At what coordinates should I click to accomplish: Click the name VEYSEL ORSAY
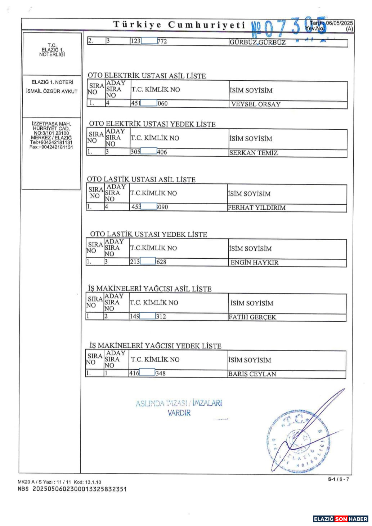(x=256, y=104)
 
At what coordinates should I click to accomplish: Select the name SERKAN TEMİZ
(x=253, y=153)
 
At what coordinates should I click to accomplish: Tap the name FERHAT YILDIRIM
(x=256, y=208)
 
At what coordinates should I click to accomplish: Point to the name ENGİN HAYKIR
(x=254, y=262)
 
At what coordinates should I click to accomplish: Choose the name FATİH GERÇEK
(x=252, y=317)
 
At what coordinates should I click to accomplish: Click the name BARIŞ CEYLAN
(x=252, y=374)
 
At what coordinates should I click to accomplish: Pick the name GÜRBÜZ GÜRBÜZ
(x=257, y=42)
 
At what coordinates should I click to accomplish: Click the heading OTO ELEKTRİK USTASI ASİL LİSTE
(x=147, y=76)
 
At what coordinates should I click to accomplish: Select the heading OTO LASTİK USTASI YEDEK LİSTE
(x=148, y=234)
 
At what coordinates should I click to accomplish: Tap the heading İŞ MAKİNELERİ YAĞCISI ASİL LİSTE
(x=149, y=289)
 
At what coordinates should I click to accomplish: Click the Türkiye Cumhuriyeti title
(x=179, y=24)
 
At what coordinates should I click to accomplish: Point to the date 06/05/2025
(x=339, y=23)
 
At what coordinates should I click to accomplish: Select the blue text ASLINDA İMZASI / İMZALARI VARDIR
(x=179, y=408)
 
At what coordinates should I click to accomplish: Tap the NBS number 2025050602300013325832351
(x=80, y=489)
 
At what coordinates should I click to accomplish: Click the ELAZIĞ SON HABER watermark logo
(x=340, y=519)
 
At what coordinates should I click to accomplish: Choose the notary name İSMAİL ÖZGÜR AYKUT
(x=52, y=91)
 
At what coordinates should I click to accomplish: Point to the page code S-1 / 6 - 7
(x=338, y=479)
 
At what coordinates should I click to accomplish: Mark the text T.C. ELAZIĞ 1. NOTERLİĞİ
(x=52, y=50)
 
